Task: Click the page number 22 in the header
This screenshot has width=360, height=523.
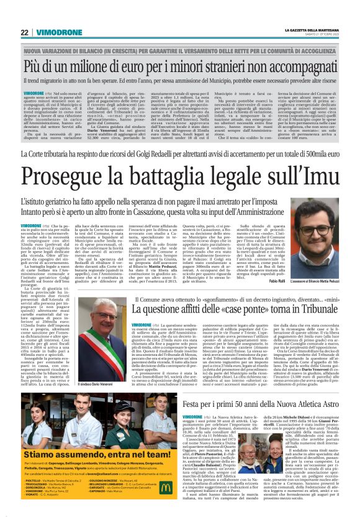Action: tap(24, 32)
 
